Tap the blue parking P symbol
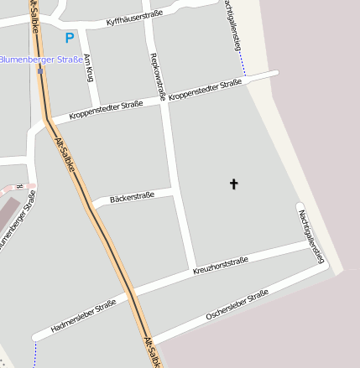pos(70,38)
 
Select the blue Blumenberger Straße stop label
pos(41,60)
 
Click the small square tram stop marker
pos(40,70)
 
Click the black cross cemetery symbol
pos(233,184)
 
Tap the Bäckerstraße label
pos(132,198)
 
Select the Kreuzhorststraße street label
pos(221,267)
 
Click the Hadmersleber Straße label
pos(83,315)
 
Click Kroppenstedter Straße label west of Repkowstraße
pos(106,108)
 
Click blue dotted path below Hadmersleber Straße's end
pos(35,355)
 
